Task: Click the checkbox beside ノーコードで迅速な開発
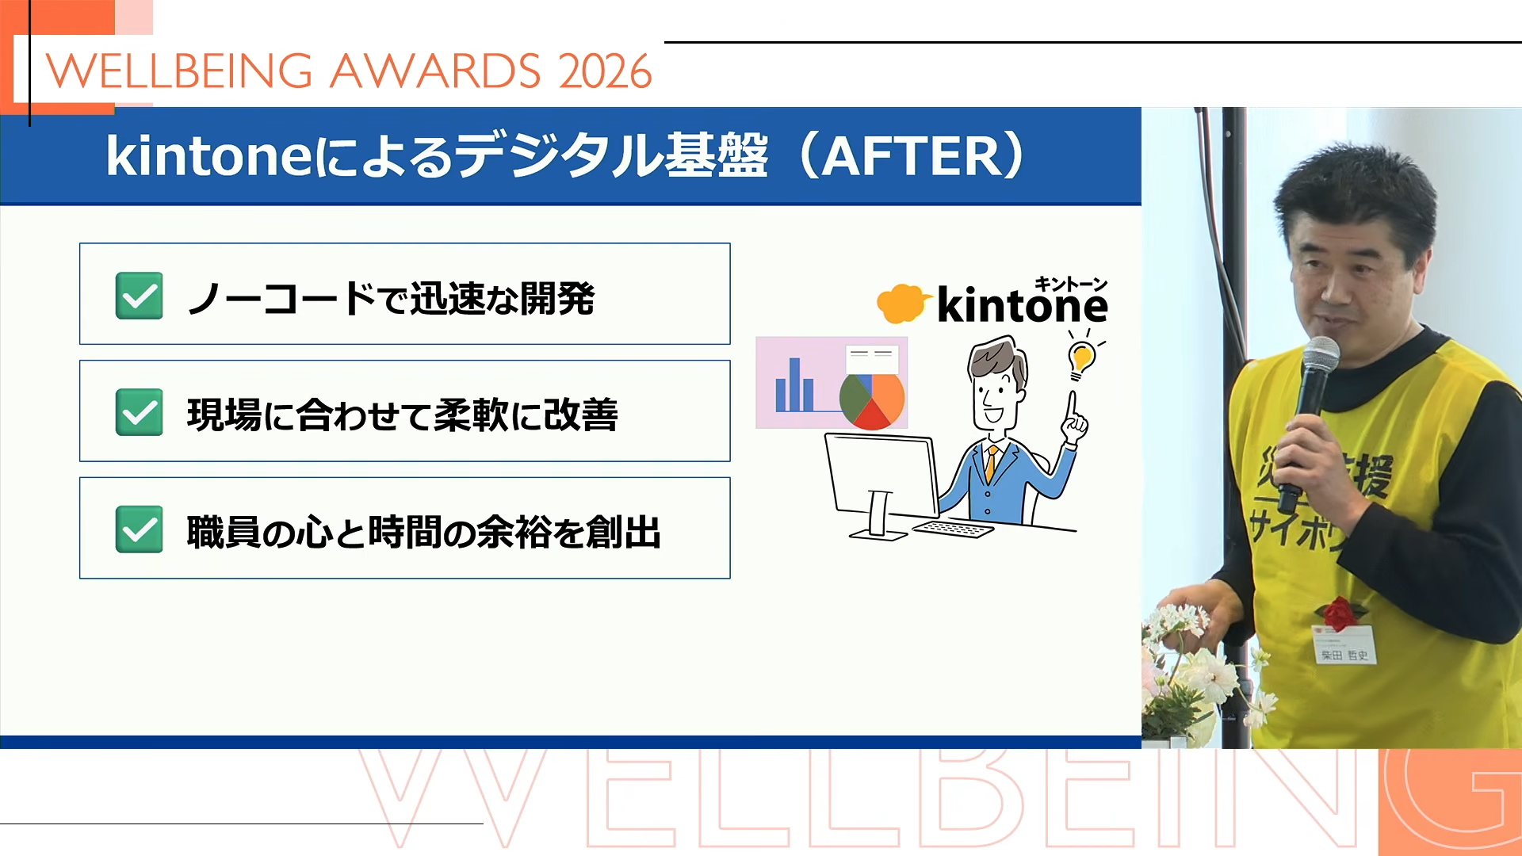[140, 296]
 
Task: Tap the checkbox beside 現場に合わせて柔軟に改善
[140, 412]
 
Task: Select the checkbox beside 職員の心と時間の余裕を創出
[140, 529]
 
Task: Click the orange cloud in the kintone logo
[901, 304]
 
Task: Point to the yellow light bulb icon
[1081, 358]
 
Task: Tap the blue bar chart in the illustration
[794, 387]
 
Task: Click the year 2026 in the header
[605, 71]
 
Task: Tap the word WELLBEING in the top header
[179, 71]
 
